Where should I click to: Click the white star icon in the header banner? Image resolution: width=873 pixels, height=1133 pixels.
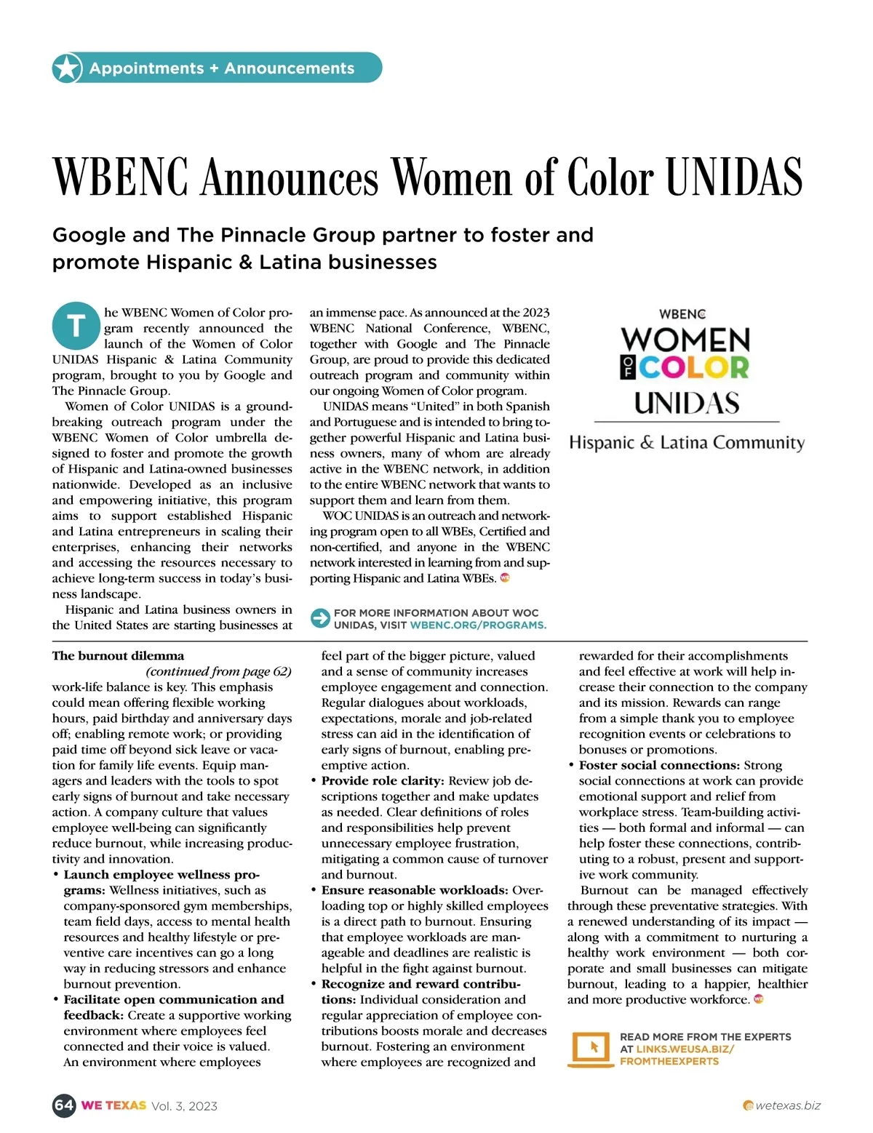66,68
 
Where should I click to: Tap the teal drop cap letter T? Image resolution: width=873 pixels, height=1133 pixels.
76,325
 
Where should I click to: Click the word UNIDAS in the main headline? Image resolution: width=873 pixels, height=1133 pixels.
734,177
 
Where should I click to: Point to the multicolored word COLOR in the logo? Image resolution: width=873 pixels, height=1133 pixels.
694,367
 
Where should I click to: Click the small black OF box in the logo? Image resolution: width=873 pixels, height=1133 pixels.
627,368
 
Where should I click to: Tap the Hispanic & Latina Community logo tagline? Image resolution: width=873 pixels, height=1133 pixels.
687,443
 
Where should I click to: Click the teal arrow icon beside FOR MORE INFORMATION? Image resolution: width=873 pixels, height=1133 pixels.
320,618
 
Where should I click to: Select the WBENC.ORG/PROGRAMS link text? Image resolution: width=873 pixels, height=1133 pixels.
478,625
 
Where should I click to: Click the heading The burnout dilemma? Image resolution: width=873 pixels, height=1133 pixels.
118,656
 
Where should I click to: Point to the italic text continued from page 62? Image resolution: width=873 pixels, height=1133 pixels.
218,671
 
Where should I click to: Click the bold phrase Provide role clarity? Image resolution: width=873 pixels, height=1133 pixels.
383,781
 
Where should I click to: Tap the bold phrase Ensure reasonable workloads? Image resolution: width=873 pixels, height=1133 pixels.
415,890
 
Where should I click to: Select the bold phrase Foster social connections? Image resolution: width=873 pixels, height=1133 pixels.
659,765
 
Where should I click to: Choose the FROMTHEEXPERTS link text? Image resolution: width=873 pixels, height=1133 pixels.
669,1062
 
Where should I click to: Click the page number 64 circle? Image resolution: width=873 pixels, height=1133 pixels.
64,1105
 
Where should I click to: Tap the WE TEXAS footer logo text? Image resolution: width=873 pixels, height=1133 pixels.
113,1105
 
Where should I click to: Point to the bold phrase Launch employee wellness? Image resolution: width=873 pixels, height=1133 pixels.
162,875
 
